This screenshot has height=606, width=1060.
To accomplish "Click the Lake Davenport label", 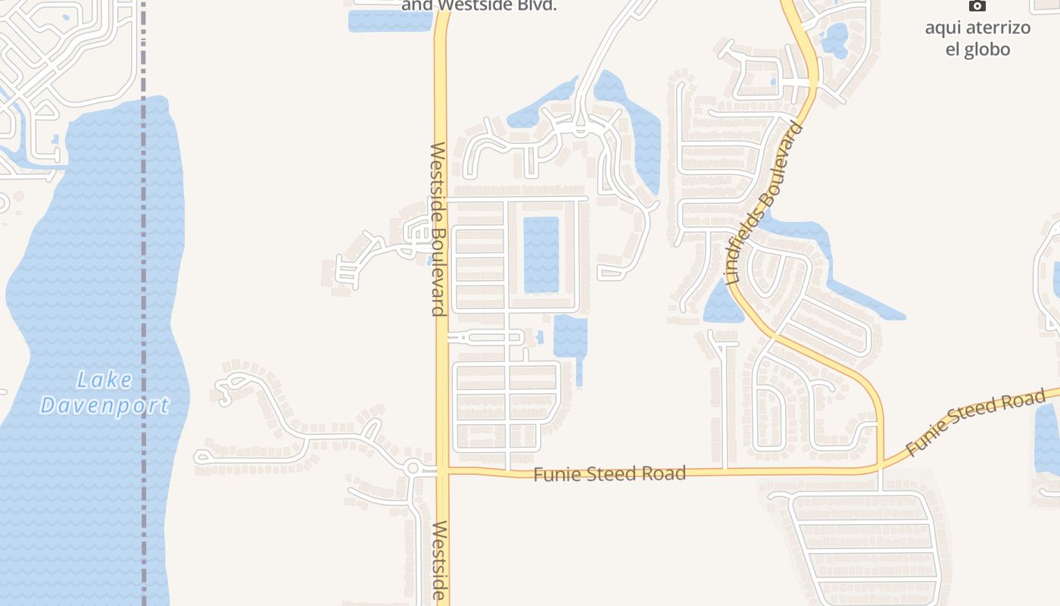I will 104,392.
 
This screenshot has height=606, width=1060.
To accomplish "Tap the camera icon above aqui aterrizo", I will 977,6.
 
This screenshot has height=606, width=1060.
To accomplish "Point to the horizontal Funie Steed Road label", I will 609,474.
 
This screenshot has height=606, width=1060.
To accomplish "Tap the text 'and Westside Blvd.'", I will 479,6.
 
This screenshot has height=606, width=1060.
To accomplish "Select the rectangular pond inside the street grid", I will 541,255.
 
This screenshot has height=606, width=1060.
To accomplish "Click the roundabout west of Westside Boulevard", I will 413,468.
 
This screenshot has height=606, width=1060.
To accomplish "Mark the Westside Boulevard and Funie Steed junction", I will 441,470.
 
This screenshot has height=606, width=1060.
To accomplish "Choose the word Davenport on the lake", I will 104,405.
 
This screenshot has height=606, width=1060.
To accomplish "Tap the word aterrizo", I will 977,29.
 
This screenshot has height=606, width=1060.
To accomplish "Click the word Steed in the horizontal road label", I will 609,474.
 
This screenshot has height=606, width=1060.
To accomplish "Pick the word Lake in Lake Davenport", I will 104,380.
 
